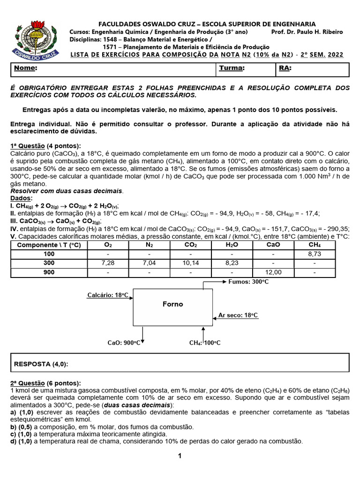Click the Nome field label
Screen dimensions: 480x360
pyautogui.click(x=25, y=68)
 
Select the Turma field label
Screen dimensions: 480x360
pyautogui.click(x=232, y=68)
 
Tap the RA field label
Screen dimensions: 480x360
pyautogui.click(x=285, y=68)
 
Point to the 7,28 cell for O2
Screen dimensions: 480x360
pyautogui.click(x=108, y=263)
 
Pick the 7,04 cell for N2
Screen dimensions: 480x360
pyautogui.click(x=149, y=263)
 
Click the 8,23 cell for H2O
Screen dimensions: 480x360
pyautogui.click(x=232, y=263)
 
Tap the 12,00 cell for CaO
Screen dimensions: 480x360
pyautogui.click(x=273, y=272)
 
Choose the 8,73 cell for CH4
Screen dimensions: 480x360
pyautogui.click(x=315, y=254)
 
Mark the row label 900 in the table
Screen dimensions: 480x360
pyautogui.click(x=49, y=272)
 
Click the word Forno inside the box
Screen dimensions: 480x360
pyautogui.click(x=172, y=304)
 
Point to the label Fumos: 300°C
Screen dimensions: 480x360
pyautogui.click(x=248, y=282)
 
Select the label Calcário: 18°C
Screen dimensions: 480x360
pyautogui.click(x=107, y=295)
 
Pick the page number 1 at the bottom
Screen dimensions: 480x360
pyautogui.click(x=180, y=456)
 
